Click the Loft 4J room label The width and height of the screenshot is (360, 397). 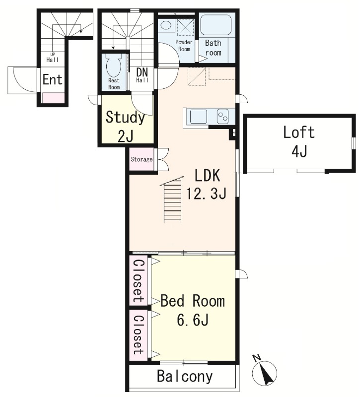(x=299, y=142)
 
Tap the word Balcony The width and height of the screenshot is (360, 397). (x=185, y=376)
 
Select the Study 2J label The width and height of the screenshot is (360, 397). (x=125, y=127)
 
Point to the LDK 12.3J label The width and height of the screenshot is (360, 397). (x=207, y=184)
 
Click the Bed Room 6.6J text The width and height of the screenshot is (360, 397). (x=193, y=310)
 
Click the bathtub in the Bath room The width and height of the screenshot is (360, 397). (x=216, y=24)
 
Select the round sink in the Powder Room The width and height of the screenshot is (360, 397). (x=166, y=26)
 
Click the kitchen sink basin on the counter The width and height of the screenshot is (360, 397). (x=198, y=117)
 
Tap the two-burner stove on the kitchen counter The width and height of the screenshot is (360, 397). (x=223, y=117)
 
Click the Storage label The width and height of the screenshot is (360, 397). (x=142, y=159)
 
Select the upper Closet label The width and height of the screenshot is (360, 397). (x=139, y=281)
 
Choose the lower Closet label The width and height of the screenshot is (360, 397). (x=139, y=334)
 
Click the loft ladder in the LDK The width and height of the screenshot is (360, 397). (x=173, y=200)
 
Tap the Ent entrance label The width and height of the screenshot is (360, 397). (x=53, y=79)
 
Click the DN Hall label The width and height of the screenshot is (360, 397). (x=142, y=75)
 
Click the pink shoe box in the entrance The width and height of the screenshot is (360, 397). (x=53, y=98)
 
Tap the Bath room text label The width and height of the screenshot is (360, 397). (x=213, y=48)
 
